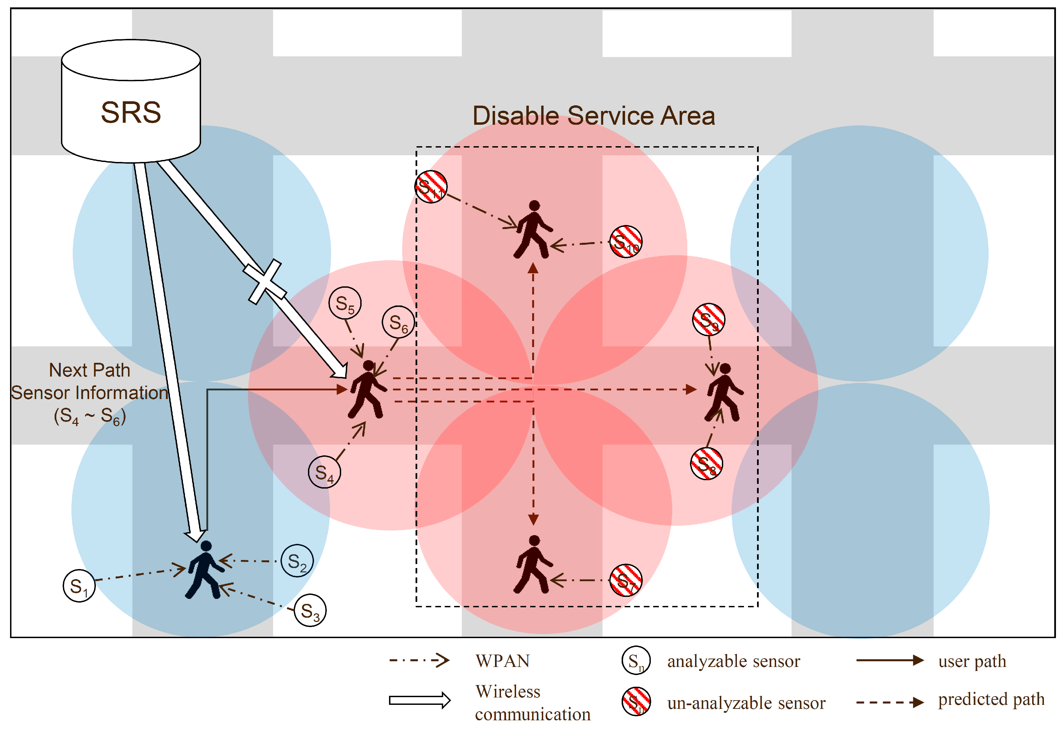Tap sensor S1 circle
click(79, 586)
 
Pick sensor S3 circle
click(310, 610)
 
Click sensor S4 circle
click(324, 472)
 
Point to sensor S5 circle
click(345, 303)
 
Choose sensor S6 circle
click(398, 322)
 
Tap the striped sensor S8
click(706, 464)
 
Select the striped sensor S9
click(708, 320)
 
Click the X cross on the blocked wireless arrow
click(265, 282)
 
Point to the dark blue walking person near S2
click(205, 570)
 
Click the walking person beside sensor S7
click(533, 565)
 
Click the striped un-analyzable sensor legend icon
click(636, 701)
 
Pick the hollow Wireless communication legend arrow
click(419, 700)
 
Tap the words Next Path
click(90, 370)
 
